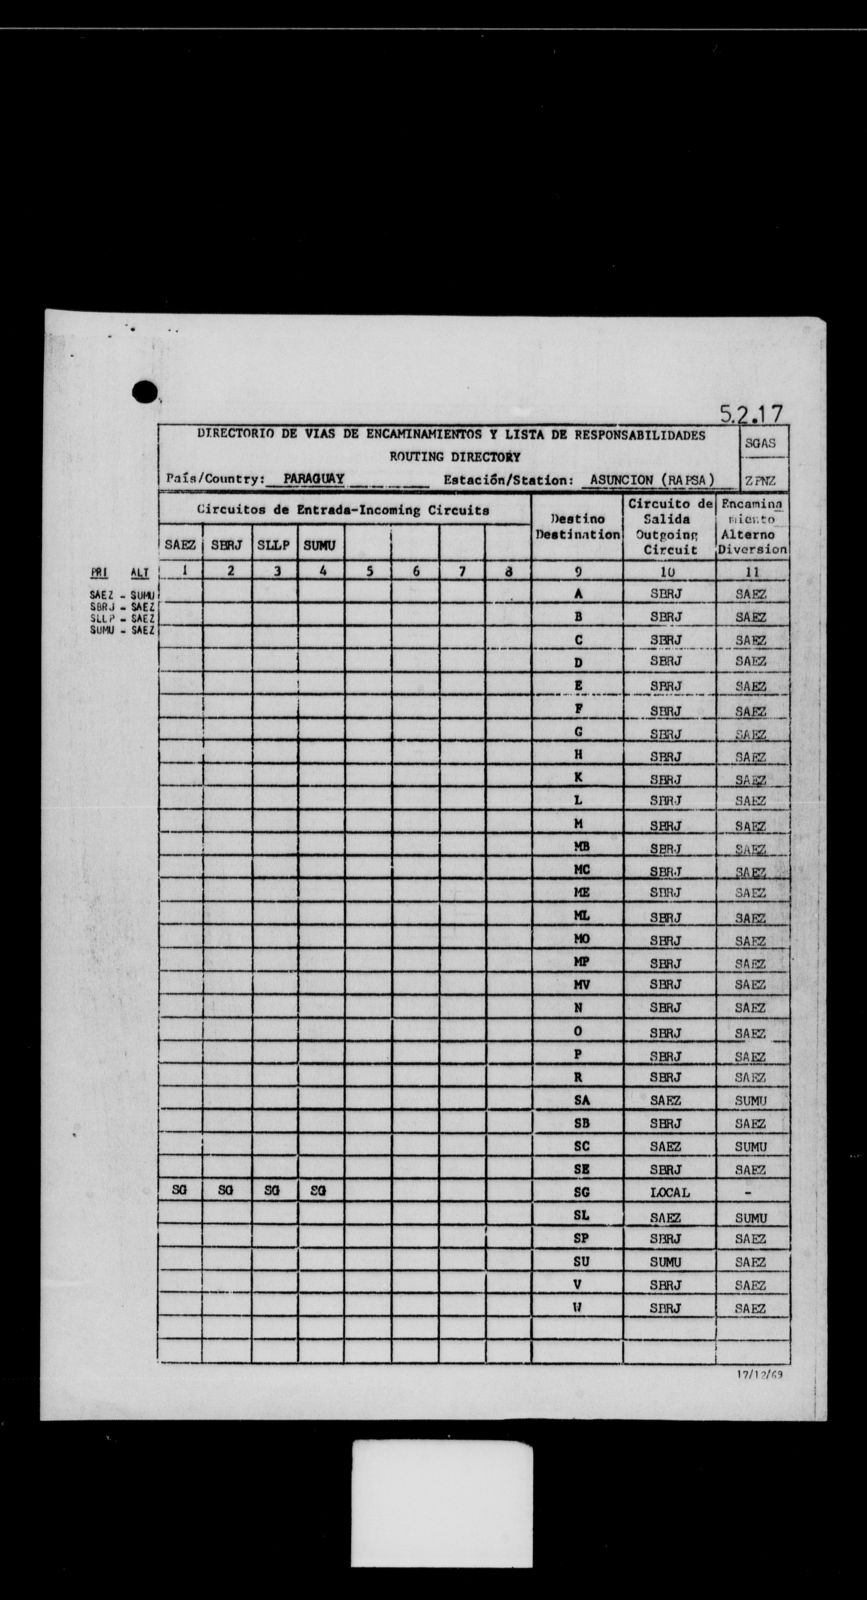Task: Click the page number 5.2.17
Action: tap(751, 413)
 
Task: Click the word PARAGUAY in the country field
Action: tap(314, 479)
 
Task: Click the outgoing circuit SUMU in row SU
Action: tap(666, 1261)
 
